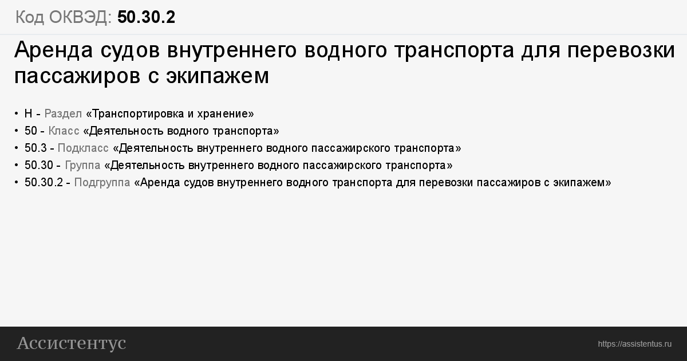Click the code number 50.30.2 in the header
pyautogui.click(x=147, y=17)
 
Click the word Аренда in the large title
pyautogui.click(x=53, y=50)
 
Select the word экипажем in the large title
pyautogui.click(x=218, y=76)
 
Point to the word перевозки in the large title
pyautogui.click(x=621, y=50)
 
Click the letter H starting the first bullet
pyautogui.click(x=28, y=113)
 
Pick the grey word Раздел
pyautogui.click(x=63, y=114)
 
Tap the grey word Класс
pyautogui.click(x=64, y=131)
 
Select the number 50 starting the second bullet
pyautogui.click(x=31, y=131)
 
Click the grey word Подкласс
pyautogui.click(x=83, y=148)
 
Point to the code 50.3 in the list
pyautogui.click(x=35, y=148)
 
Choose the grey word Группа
pyautogui.click(x=82, y=166)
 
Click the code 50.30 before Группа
pyautogui.click(x=39, y=165)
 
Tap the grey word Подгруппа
pyautogui.click(x=102, y=183)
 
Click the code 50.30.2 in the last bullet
pyautogui.click(x=44, y=182)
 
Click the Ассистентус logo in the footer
pyautogui.click(x=72, y=343)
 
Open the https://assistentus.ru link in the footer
pyautogui.click(x=634, y=344)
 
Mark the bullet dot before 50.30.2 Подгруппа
pyautogui.click(x=16, y=182)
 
